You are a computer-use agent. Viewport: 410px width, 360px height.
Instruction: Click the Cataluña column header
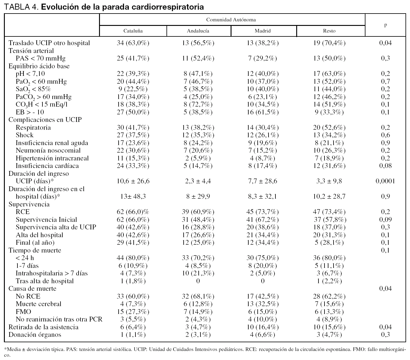tap(133, 31)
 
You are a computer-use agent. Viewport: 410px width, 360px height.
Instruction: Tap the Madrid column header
tap(262, 31)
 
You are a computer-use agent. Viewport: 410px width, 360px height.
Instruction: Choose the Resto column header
tap(329, 31)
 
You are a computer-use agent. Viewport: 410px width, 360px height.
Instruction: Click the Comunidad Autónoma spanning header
tap(231, 20)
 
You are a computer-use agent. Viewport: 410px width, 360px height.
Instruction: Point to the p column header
tap(385, 25)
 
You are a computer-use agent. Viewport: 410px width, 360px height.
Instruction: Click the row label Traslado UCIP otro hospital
tap(49, 43)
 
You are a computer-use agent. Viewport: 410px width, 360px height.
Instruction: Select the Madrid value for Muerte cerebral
tap(262, 304)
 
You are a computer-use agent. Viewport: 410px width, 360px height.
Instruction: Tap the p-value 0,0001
tap(385, 181)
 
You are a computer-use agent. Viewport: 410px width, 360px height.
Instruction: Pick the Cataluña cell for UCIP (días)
tap(133, 181)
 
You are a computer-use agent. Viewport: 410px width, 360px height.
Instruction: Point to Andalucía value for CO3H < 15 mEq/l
tap(198, 104)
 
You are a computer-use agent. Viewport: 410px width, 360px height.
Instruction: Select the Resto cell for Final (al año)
tap(329, 243)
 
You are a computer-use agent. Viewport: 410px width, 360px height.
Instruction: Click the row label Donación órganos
tap(35, 335)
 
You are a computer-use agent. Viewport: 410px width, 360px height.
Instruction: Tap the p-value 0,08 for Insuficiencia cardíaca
tap(385, 166)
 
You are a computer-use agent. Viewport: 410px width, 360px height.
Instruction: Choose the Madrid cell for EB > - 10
tap(262, 112)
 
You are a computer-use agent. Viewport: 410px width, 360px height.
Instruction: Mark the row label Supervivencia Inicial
tap(46, 220)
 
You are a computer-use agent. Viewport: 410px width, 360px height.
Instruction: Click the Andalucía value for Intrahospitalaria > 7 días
tap(198, 273)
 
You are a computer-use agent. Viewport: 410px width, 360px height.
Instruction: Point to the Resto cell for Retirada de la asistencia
tap(329, 327)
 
